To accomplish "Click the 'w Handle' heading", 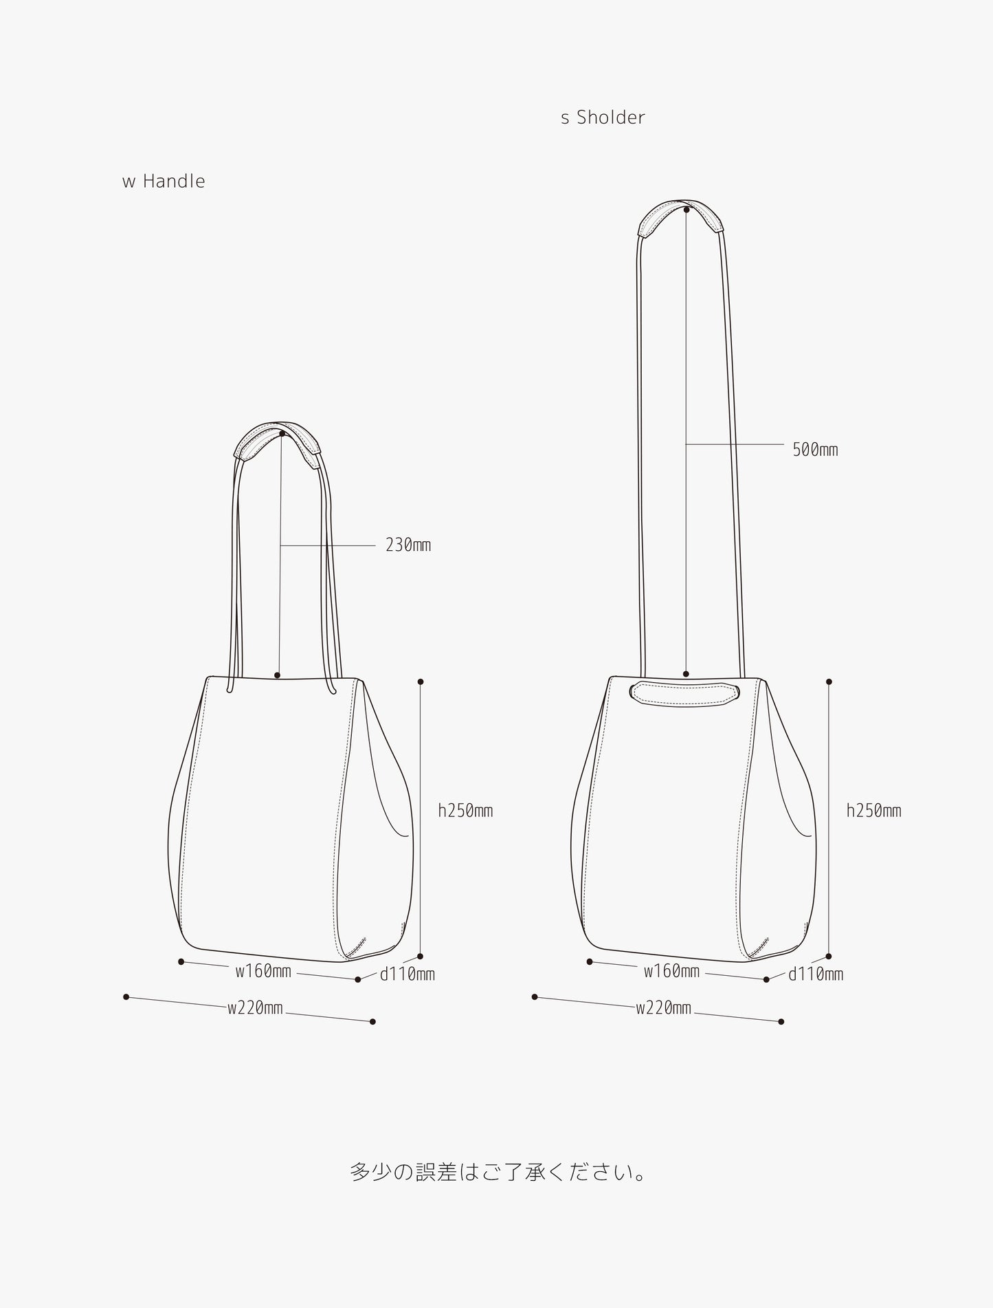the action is pos(164,182).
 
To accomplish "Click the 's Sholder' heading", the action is pos(603,118).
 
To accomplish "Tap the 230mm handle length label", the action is pos(408,545).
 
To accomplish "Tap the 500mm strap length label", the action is pos(815,450).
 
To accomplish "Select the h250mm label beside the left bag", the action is pos(465,811).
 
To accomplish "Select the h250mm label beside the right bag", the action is pos(873,811).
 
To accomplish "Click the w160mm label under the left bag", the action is pos(263,971).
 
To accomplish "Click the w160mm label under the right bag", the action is pos(671,971).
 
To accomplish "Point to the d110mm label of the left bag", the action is pos(408,974).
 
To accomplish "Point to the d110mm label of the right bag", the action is pos(816,974).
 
